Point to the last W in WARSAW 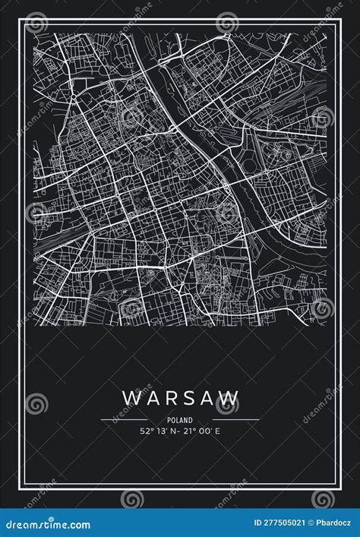click(231, 397)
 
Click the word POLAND click(180, 419)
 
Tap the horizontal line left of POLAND click(124, 419)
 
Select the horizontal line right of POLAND click(235, 419)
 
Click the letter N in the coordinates click(174, 431)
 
